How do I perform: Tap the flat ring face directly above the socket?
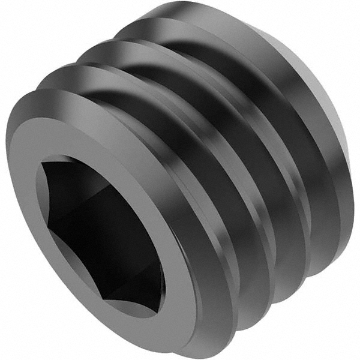tap(90, 138)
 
